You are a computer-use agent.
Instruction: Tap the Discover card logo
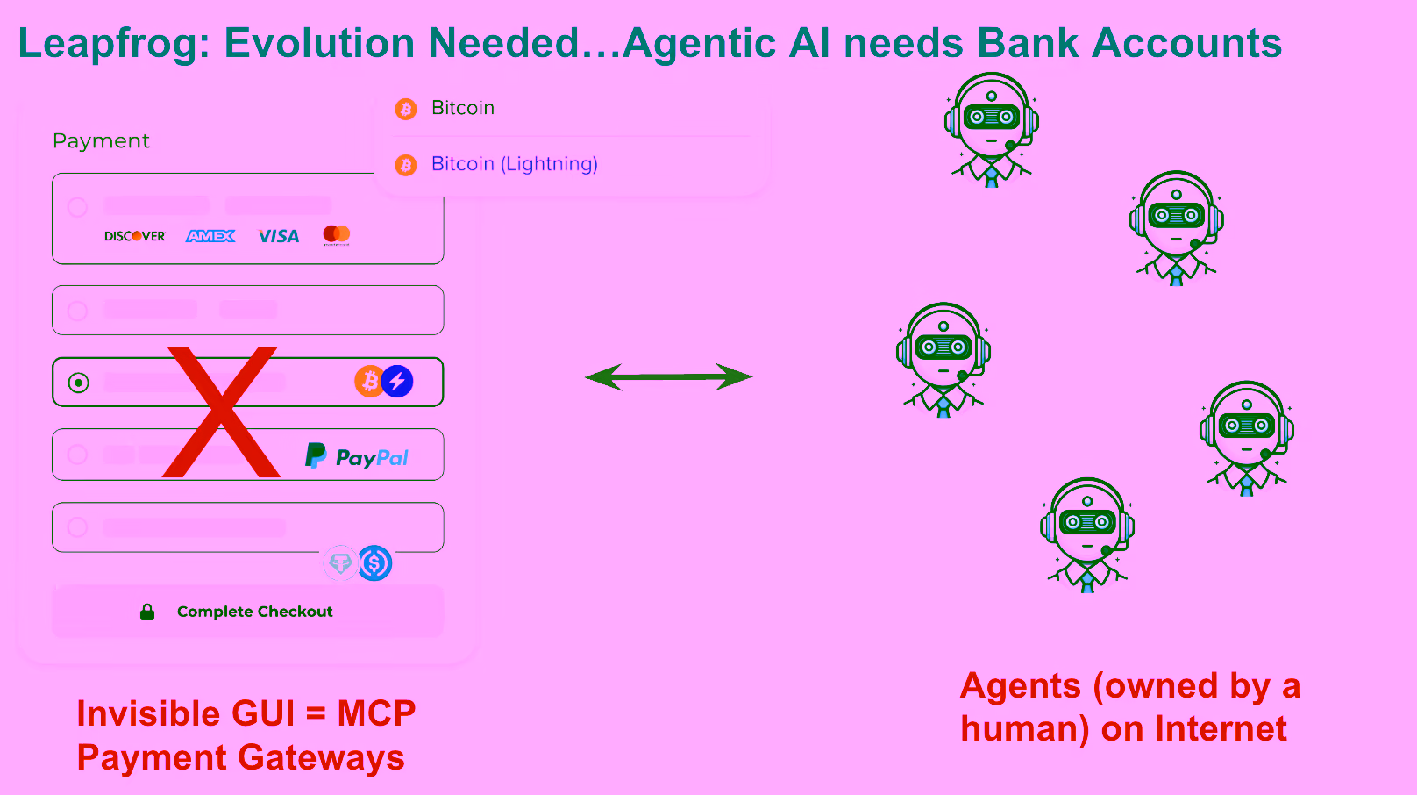(134, 236)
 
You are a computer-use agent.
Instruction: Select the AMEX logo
(210, 236)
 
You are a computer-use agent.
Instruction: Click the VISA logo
(278, 236)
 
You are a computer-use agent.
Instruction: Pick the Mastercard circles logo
(337, 235)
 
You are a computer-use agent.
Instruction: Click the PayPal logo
(356, 455)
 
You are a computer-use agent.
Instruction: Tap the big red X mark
(221, 412)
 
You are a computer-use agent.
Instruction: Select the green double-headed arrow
(669, 377)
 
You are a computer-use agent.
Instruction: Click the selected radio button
(78, 383)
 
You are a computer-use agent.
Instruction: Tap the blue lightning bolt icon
(397, 381)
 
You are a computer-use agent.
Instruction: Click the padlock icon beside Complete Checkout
(147, 612)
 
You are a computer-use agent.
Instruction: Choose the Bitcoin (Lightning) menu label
(515, 164)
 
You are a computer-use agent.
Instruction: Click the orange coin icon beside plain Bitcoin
(406, 109)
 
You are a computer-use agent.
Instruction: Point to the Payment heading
(101, 140)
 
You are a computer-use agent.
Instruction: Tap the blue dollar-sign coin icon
(374, 562)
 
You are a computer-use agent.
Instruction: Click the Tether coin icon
(341, 562)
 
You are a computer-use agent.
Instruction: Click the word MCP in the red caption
(376, 713)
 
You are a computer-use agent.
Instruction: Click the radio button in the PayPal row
(78, 455)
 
